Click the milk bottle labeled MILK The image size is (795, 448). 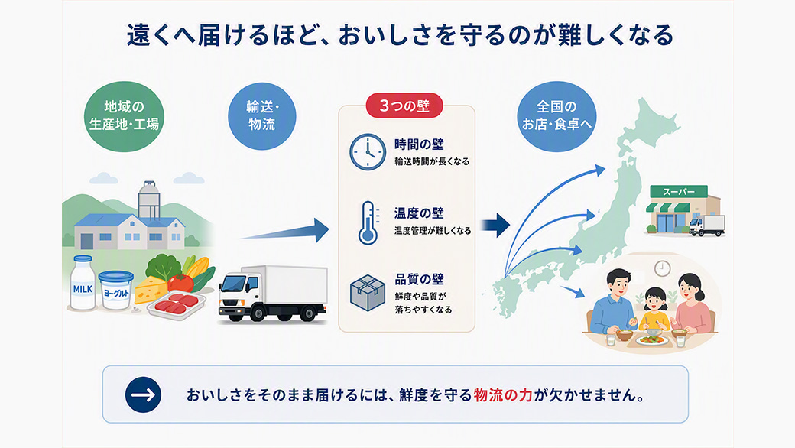(83, 283)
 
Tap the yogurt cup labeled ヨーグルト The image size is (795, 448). (116, 291)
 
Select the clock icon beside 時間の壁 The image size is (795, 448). (368, 151)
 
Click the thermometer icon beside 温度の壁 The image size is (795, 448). (368, 223)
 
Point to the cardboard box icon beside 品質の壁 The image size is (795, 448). (368, 293)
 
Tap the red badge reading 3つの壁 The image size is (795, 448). (404, 106)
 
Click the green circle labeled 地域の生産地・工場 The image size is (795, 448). (124, 116)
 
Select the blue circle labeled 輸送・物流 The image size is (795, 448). (261, 116)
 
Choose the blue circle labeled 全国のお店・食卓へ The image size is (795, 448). (556, 116)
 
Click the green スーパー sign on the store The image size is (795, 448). (679, 192)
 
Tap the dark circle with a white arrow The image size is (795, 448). (143, 394)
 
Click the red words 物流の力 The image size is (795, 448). (503, 395)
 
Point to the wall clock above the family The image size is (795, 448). (662, 268)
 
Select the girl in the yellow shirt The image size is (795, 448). (654, 310)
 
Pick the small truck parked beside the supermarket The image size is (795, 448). (707, 226)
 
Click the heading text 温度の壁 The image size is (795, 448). (419, 213)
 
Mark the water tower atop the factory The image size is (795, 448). (149, 200)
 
